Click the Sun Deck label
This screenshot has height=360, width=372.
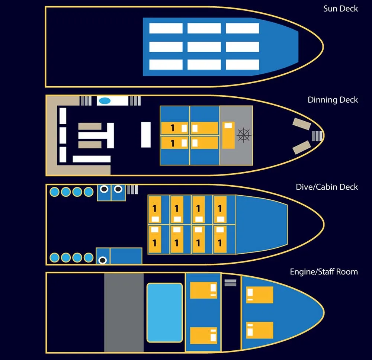coord(340,9)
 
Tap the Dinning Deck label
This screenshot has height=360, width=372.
coord(333,100)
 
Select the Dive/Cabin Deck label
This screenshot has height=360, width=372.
coord(327,187)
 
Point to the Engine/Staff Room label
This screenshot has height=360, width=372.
coord(324,271)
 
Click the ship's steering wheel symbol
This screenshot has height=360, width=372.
coord(244,135)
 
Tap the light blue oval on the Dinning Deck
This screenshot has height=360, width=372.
coord(105,101)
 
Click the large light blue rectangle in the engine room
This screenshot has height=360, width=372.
coord(165,312)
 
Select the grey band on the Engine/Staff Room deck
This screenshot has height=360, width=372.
coord(124,312)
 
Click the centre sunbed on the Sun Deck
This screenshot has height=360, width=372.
coord(204,47)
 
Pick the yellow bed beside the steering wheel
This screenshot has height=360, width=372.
coord(228,135)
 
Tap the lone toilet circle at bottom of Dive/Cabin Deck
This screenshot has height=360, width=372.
coord(103,260)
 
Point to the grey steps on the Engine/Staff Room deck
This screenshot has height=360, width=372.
coord(230,283)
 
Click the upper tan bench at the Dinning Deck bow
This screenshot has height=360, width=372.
coord(302,124)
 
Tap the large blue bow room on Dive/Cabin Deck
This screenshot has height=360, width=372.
coord(262,224)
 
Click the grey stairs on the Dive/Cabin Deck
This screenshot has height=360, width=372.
coord(132,190)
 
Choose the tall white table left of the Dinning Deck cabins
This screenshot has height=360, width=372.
coord(146,135)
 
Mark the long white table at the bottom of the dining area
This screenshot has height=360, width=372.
coord(92,159)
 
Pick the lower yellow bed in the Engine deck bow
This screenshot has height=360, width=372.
coord(260,330)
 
